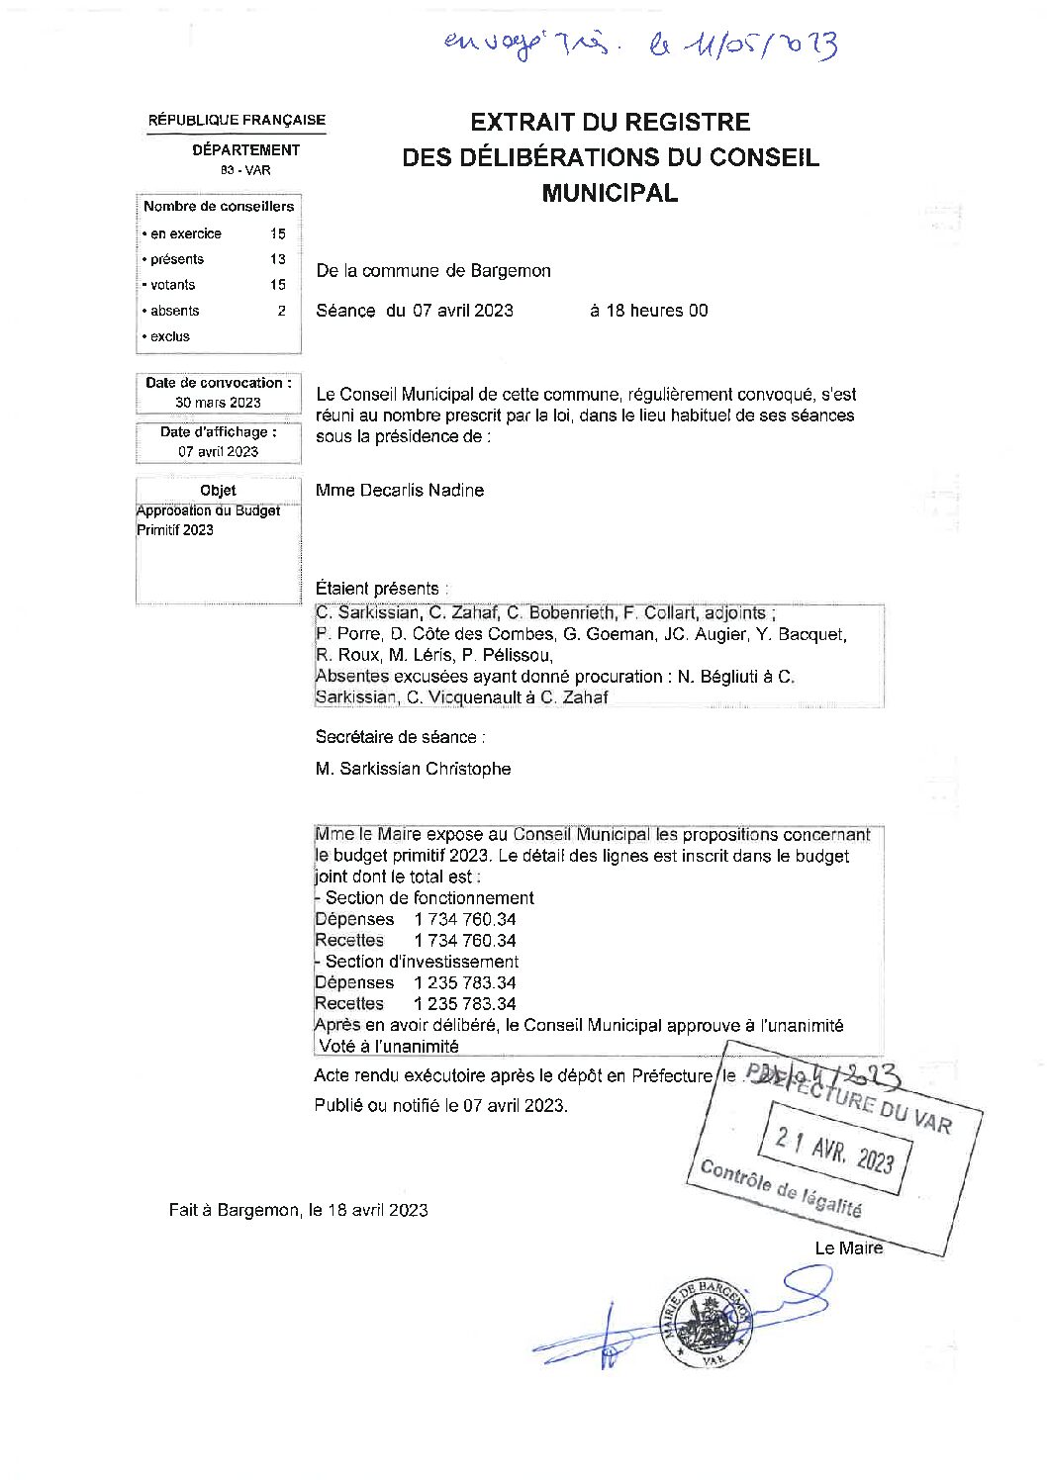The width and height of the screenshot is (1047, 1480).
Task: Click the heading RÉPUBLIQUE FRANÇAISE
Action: [x=237, y=120]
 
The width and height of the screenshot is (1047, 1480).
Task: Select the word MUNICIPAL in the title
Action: [x=610, y=193]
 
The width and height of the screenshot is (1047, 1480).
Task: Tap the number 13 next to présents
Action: [x=277, y=259]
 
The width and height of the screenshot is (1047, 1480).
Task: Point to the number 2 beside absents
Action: [x=281, y=311]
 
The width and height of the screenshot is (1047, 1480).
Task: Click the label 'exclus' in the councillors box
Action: [x=169, y=336]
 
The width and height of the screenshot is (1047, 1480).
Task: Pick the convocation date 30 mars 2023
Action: [x=218, y=402]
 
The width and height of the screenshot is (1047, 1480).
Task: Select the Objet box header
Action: [x=218, y=491]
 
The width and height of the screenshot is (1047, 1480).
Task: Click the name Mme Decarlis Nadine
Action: [x=400, y=491]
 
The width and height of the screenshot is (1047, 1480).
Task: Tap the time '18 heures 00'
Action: [x=648, y=311]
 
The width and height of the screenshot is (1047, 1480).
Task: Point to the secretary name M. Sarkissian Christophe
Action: [x=413, y=769]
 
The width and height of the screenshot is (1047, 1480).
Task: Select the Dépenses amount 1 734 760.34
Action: [x=465, y=920]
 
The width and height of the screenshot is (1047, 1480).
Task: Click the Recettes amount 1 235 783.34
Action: [x=465, y=1004]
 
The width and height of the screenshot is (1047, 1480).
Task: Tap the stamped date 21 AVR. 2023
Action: [x=834, y=1149]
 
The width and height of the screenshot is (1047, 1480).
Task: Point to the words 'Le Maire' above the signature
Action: [x=848, y=1249]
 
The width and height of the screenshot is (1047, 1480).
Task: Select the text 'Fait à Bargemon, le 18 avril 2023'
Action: [x=298, y=1210]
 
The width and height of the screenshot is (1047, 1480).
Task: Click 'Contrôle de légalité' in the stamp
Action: [x=780, y=1187]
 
